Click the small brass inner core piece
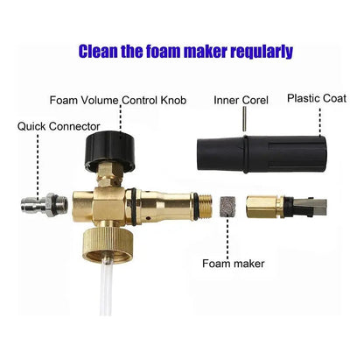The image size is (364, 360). coord(266,208)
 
